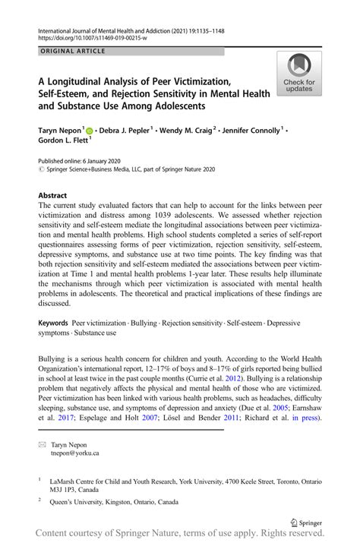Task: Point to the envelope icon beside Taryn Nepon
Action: click(x=43, y=443)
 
